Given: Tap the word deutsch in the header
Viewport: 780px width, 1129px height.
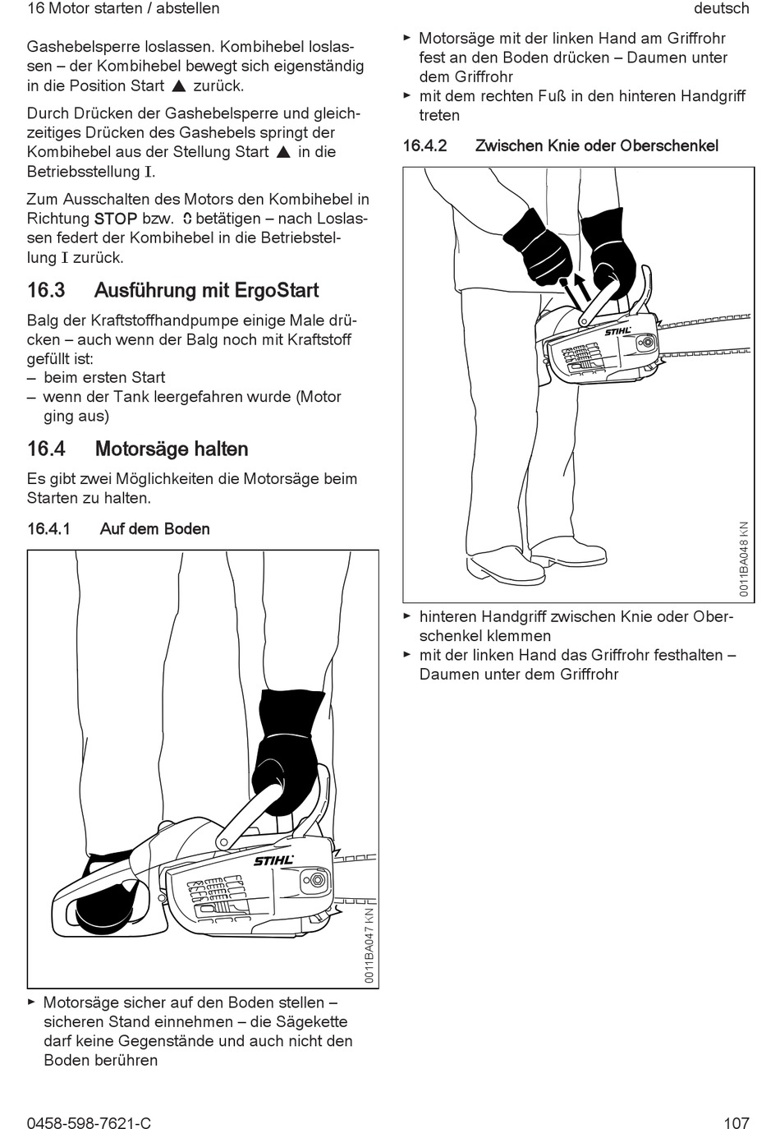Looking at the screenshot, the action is point(721,8).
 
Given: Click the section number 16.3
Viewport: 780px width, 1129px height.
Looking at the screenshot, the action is point(46,291).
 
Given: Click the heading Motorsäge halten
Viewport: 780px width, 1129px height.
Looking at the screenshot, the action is point(172,449).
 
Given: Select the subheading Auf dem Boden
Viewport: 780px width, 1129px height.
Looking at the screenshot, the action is point(154,529).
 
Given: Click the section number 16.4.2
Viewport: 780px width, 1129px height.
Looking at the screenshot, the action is point(424,146).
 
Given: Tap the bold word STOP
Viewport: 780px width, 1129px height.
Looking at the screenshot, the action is point(116,219).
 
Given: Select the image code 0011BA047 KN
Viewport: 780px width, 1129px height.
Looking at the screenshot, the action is point(370,945).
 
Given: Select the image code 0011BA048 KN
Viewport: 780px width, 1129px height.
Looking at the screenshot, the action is point(744,559).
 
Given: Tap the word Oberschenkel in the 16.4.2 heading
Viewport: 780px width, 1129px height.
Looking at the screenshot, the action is point(669,146).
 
